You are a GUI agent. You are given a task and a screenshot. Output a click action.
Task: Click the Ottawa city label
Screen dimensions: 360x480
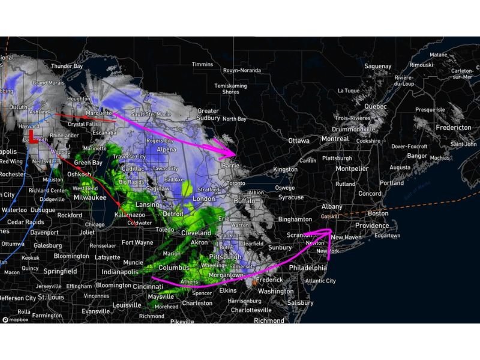[298, 140]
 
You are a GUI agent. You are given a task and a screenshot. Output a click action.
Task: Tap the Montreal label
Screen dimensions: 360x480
[335, 139]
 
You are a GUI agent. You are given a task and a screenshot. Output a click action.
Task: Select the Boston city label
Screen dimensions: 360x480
[379, 213]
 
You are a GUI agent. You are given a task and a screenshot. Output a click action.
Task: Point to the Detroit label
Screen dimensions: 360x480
[173, 214]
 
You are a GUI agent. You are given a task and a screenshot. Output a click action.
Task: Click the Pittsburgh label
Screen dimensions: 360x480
[225, 257]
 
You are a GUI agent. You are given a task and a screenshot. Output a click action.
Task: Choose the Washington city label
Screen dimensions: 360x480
[275, 291]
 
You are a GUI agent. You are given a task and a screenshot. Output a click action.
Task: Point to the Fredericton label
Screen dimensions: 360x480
[453, 128]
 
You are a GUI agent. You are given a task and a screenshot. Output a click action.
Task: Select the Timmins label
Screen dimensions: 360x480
[202, 64]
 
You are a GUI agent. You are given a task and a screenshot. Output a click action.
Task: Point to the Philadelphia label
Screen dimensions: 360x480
[308, 267]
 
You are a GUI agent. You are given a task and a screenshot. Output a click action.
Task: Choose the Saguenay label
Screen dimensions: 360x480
[377, 66]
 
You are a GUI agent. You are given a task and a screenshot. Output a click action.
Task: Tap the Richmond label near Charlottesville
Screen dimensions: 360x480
[269, 320]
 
